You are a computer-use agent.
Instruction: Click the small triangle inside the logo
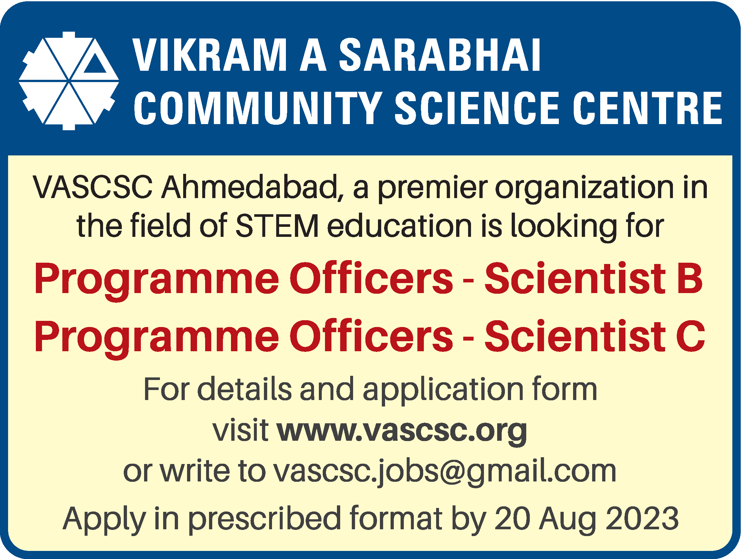[x=95, y=64]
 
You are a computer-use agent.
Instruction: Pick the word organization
[x=585, y=188]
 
